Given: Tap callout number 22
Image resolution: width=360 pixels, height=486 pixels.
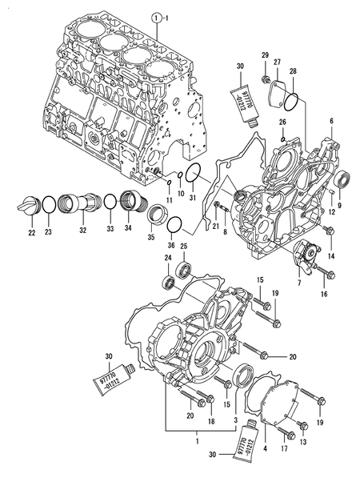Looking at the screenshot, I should pyautogui.click(x=31, y=233).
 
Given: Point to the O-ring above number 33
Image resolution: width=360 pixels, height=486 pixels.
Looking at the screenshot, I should pyautogui.click(x=107, y=207).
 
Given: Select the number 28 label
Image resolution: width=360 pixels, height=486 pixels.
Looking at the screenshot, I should pyautogui.click(x=293, y=71).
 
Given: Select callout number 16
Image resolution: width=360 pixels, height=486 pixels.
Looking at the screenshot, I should pyautogui.click(x=324, y=295).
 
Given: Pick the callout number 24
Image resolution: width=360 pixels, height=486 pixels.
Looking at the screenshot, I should pyautogui.click(x=168, y=257).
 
